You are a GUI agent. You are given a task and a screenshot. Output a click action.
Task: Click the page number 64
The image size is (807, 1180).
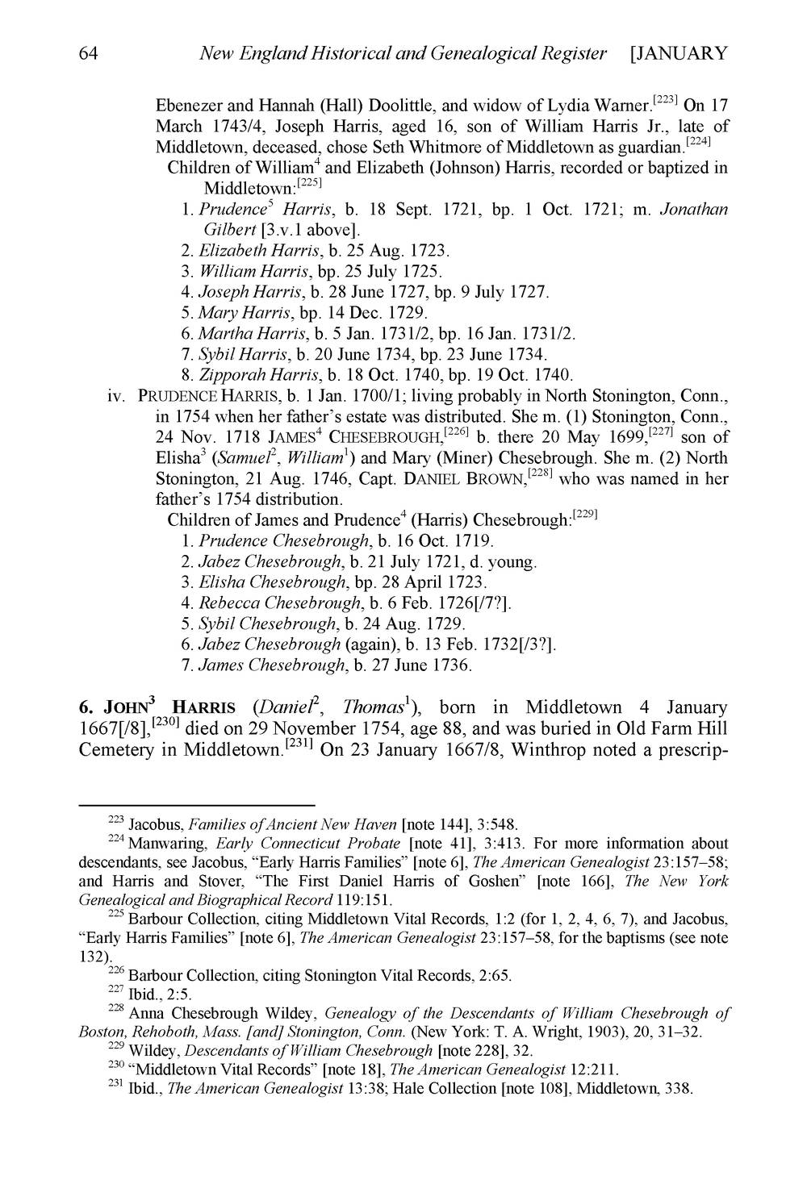point(89,54)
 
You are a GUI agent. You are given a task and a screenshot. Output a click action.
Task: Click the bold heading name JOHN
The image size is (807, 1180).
point(123,707)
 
